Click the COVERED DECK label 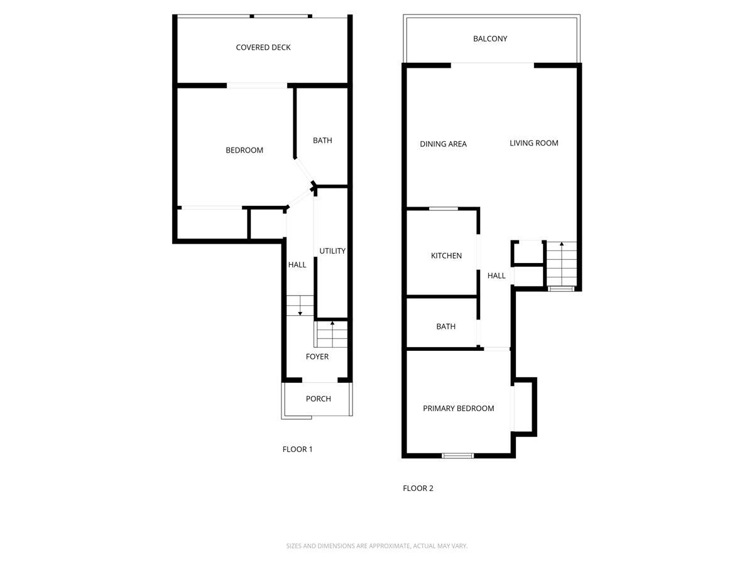click(263, 48)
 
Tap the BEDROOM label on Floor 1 click(244, 151)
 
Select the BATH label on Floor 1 click(322, 141)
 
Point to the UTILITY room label click(332, 251)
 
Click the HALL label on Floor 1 click(297, 265)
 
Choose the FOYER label click(317, 357)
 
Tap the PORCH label click(318, 399)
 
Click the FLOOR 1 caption click(297, 449)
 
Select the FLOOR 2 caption click(418, 488)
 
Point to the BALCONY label click(490, 39)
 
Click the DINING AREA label click(443, 144)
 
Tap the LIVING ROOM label click(533, 143)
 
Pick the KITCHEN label click(446, 256)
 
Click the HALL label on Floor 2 click(496, 276)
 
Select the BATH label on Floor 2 click(445, 327)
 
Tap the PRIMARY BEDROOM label click(458, 409)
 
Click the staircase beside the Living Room click(560, 265)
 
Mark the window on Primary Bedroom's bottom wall click(457, 455)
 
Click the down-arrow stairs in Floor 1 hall click(300, 306)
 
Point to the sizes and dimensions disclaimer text click(377, 546)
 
